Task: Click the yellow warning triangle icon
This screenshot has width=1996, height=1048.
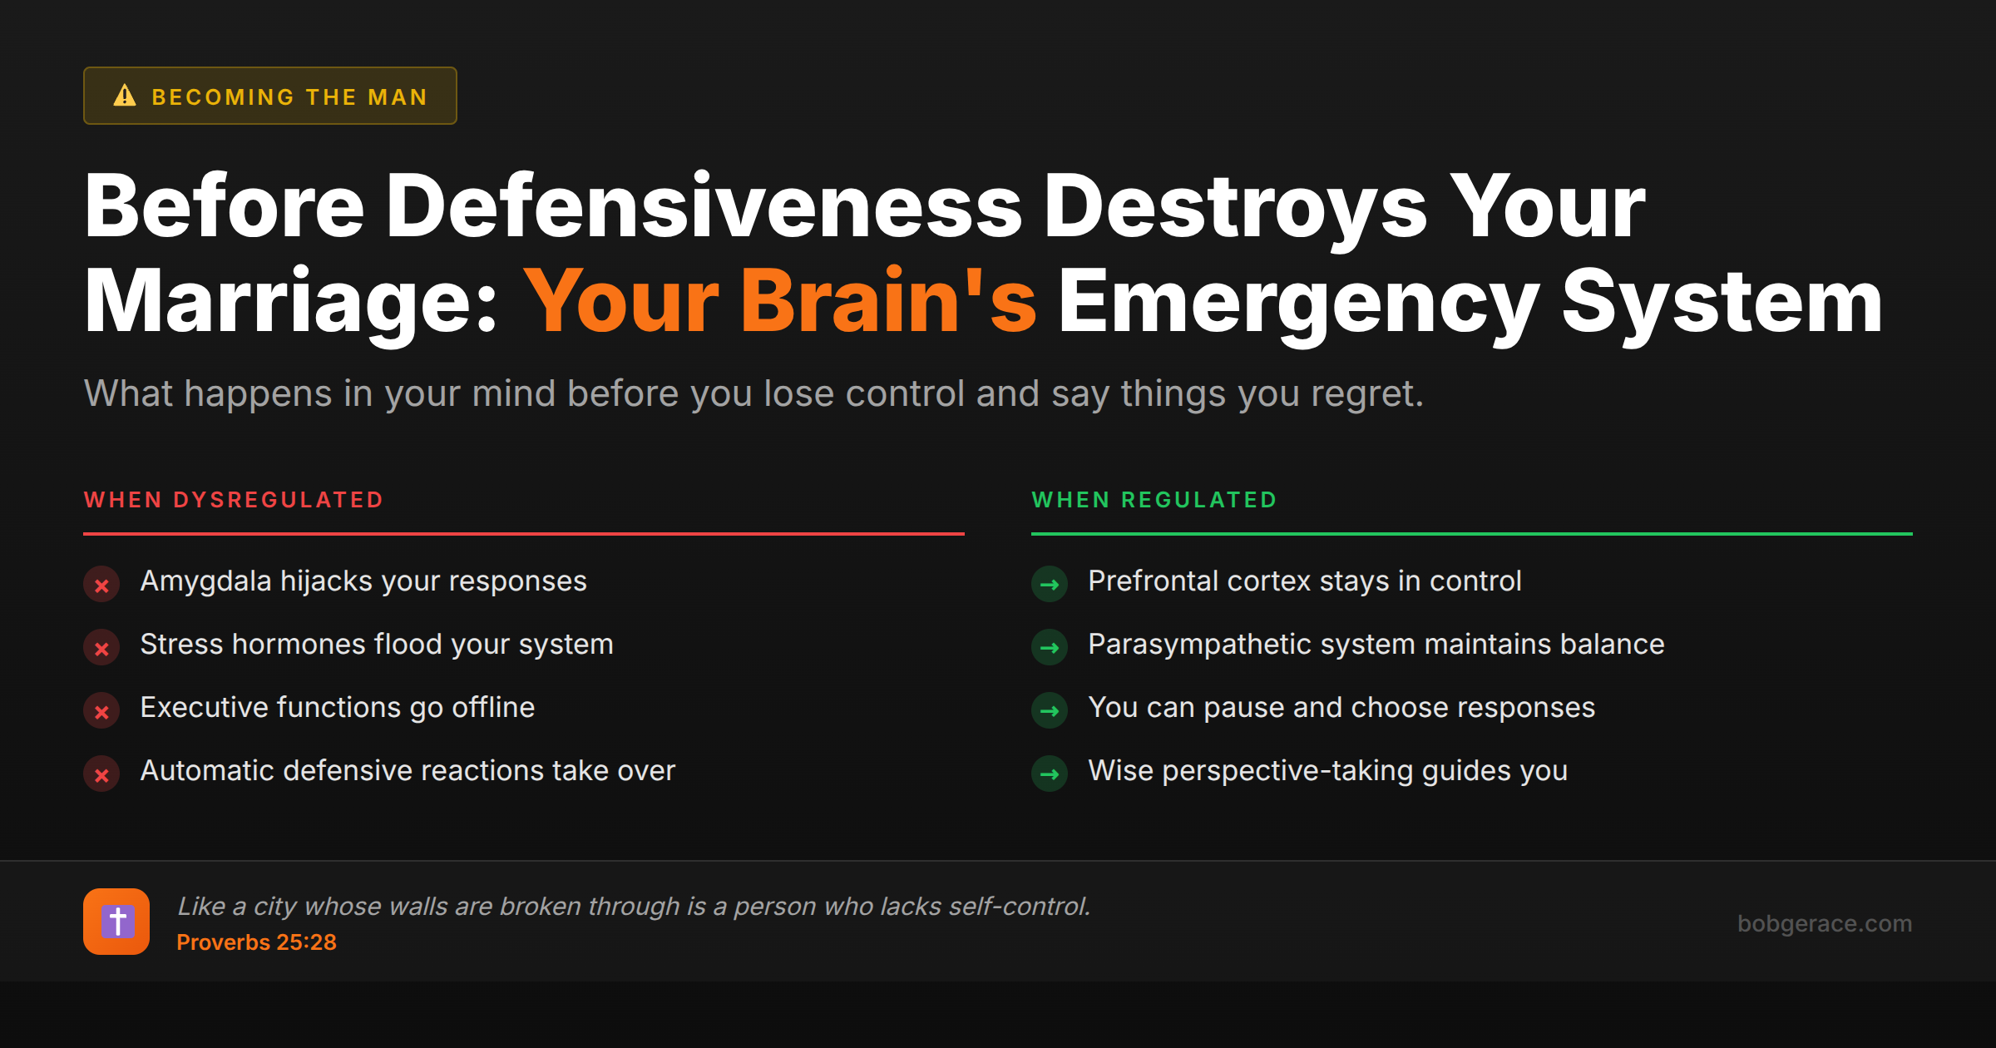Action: [x=125, y=96]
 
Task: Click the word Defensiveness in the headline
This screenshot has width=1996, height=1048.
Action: [x=704, y=206]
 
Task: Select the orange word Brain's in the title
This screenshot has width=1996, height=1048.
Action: [x=888, y=301]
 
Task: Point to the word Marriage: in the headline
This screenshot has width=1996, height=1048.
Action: [x=291, y=301]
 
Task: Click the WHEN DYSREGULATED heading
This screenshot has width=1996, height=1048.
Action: [x=234, y=500]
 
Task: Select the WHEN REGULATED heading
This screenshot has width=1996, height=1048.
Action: [x=1154, y=500]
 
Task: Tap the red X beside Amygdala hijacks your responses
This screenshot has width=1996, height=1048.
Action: [x=101, y=585]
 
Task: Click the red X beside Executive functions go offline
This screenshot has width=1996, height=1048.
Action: [x=101, y=711]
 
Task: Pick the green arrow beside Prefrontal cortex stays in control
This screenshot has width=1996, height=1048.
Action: [x=1050, y=585]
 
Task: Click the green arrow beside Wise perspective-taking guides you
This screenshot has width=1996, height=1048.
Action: [x=1050, y=774]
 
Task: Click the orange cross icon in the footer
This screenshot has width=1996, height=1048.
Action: [x=116, y=922]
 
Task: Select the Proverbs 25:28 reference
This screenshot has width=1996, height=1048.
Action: [x=256, y=942]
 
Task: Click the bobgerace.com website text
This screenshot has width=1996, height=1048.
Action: [x=1824, y=923]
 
